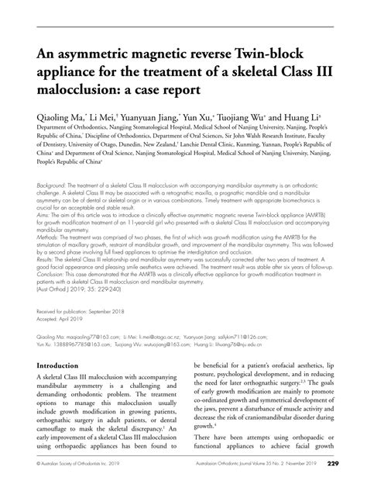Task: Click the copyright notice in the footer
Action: pyautogui.click(x=77, y=465)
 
